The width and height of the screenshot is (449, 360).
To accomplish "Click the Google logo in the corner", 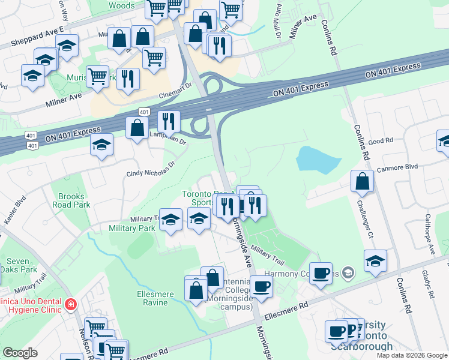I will (20, 353).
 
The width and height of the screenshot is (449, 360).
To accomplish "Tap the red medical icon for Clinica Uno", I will (71, 305).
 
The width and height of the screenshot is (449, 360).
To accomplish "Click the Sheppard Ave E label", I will (36, 37).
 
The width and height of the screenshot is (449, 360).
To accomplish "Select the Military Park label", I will (131, 228).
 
